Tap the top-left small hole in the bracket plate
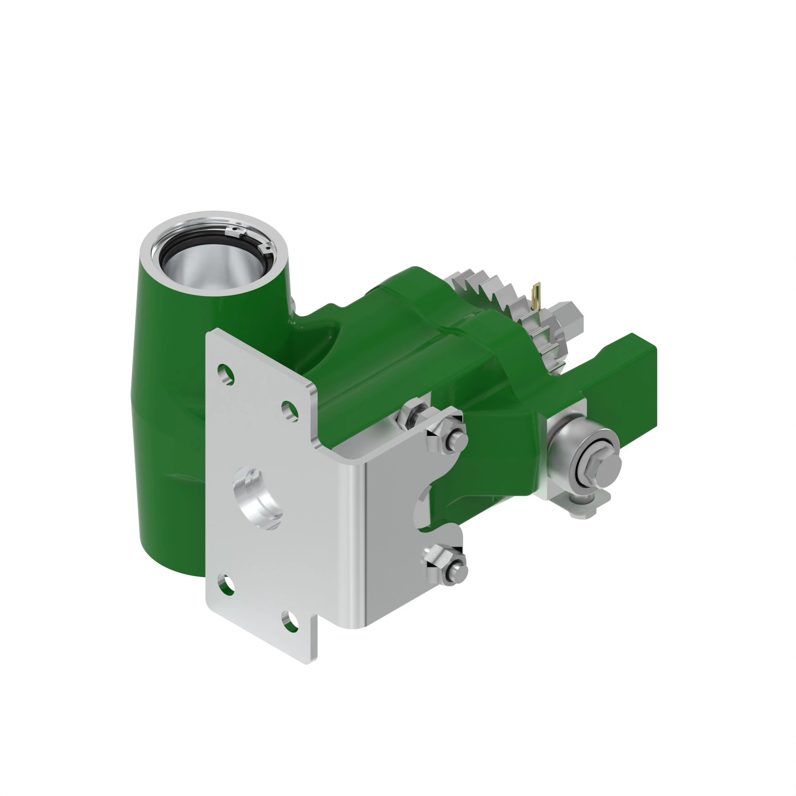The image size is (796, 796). click(225, 374)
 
